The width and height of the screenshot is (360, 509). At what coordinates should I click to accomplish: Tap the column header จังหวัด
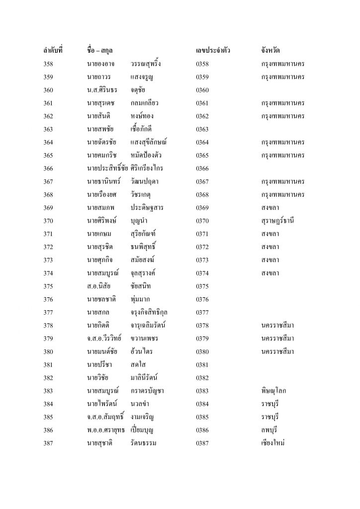[x=272, y=51]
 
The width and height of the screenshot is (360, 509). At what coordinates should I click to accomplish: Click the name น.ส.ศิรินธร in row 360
[x=102, y=90]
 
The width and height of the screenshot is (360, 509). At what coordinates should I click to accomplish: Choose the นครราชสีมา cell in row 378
[x=278, y=325]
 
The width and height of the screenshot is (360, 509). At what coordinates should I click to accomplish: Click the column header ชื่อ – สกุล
[x=106, y=51]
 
